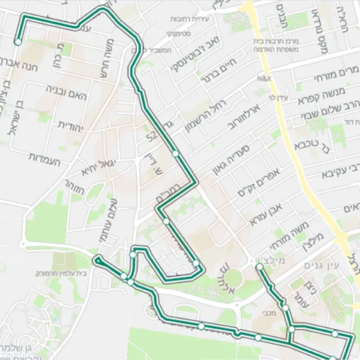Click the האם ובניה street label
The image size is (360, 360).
coord(68,92)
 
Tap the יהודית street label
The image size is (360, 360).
coord(71,125)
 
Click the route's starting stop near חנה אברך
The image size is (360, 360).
coord(17,42)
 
